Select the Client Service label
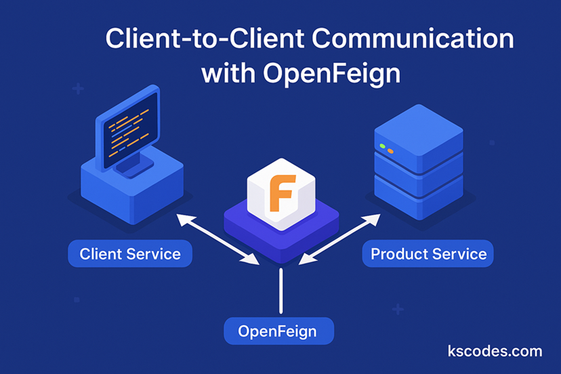(x=130, y=255)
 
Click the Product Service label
(x=428, y=255)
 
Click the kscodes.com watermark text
(x=495, y=351)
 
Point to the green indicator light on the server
(x=383, y=146)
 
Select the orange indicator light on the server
(x=391, y=150)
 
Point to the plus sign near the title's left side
(x=78, y=89)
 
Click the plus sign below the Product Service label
(x=398, y=310)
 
